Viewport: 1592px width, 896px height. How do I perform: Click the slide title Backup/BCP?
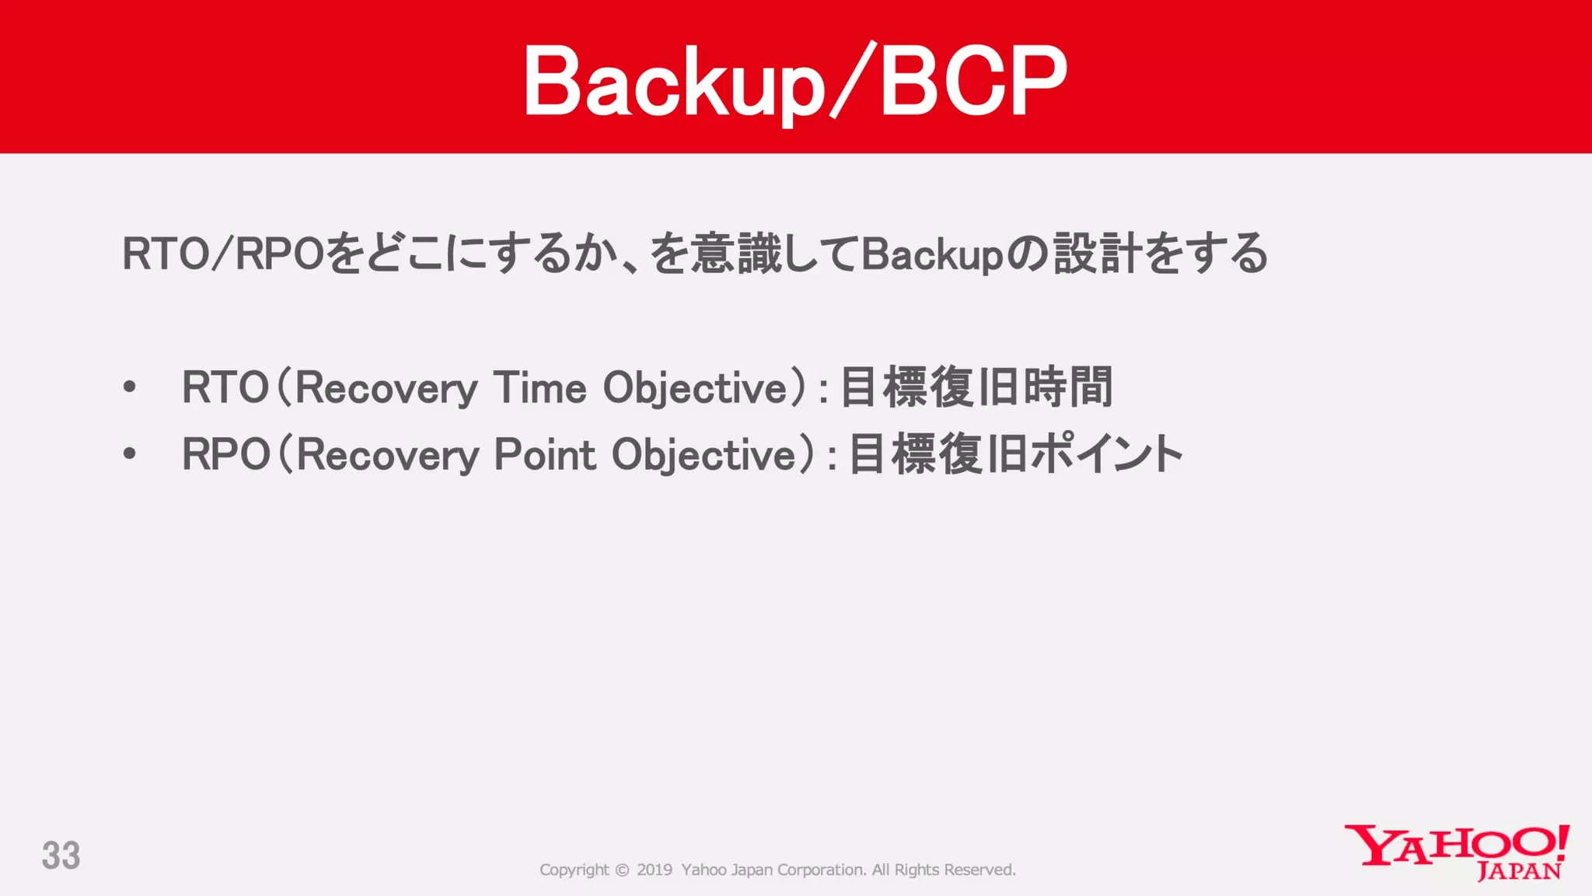(x=794, y=81)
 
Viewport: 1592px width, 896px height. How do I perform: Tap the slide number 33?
(x=61, y=856)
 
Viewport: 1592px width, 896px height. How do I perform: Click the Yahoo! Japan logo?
(x=1457, y=852)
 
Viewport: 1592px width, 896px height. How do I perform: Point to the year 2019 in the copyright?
(x=655, y=870)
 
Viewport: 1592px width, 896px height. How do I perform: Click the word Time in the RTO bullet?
(x=539, y=387)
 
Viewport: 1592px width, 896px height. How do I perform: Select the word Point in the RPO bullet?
(x=545, y=454)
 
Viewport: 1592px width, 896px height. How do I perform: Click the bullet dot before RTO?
(x=130, y=387)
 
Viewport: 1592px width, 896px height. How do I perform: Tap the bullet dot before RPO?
(x=130, y=454)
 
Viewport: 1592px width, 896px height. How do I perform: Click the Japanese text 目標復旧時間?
(x=976, y=387)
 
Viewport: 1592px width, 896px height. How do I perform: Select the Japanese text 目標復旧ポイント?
(x=1015, y=454)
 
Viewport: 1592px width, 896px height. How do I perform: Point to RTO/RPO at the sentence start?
(x=222, y=254)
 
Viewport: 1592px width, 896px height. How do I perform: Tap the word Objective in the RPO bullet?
(x=704, y=454)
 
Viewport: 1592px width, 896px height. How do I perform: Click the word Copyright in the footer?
(x=574, y=870)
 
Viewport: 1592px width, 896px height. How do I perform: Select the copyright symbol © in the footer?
(x=622, y=870)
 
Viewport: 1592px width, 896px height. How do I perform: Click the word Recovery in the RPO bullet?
(x=386, y=454)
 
